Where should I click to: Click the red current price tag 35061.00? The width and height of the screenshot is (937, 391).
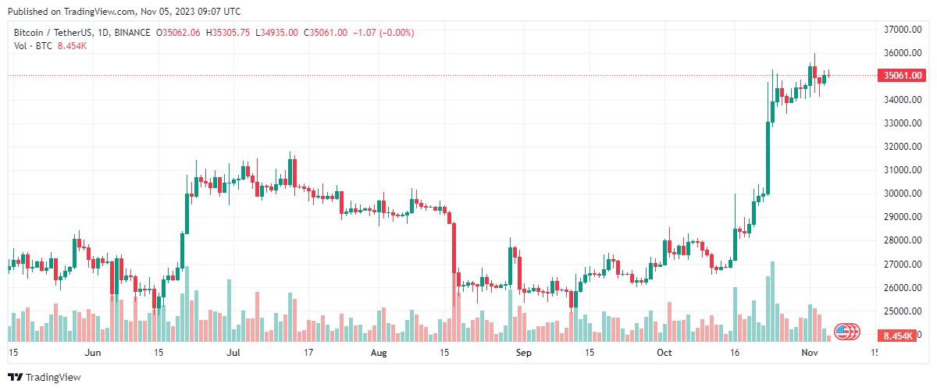[902, 76]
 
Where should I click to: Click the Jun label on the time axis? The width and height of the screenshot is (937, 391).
[93, 353]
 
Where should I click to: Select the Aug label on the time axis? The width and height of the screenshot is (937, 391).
[378, 353]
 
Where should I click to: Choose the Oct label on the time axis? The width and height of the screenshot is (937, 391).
[664, 353]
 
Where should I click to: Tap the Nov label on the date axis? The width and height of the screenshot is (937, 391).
[808, 353]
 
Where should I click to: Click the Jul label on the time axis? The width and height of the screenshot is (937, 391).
[233, 353]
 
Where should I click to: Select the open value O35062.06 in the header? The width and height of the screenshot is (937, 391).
[179, 33]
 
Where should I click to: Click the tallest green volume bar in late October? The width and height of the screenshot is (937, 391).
[772, 301]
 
